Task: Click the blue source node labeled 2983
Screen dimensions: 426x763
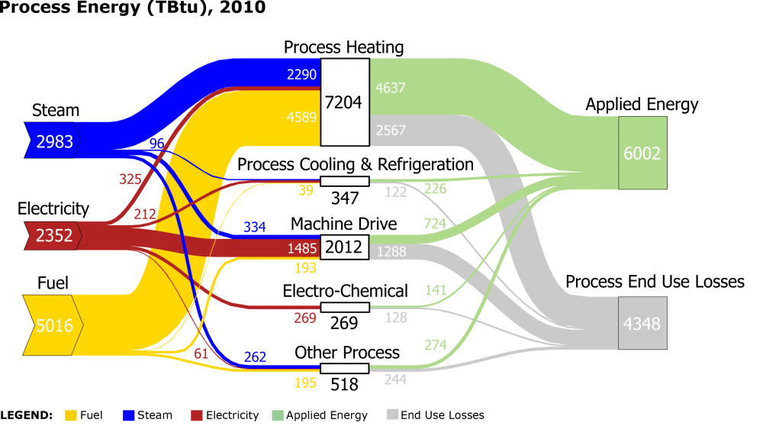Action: pos(53,140)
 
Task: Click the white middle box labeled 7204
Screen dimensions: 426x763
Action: pos(343,102)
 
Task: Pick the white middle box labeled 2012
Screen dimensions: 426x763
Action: pos(343,247)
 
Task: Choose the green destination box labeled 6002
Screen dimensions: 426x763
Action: pos(642,153)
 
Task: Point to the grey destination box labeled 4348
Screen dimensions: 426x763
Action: pos(642,323)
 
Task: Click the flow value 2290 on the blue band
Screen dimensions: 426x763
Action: pos(301,74)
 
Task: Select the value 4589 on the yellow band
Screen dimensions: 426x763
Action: pos(301,117)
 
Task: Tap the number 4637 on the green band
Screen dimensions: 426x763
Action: pos(390,88)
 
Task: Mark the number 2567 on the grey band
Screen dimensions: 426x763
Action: pos(390,131)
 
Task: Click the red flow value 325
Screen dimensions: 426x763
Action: pos(130,179)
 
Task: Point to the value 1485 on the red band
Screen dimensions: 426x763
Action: pos(302,248)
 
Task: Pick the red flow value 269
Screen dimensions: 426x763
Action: pos(305,318)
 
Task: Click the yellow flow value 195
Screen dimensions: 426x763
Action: pos(305,382)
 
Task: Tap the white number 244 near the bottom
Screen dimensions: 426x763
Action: pos(395,379)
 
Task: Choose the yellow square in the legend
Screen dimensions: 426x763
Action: pos(71,415)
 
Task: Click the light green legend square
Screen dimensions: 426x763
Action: pos(278,415)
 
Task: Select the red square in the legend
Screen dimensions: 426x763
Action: pos(197,415)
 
